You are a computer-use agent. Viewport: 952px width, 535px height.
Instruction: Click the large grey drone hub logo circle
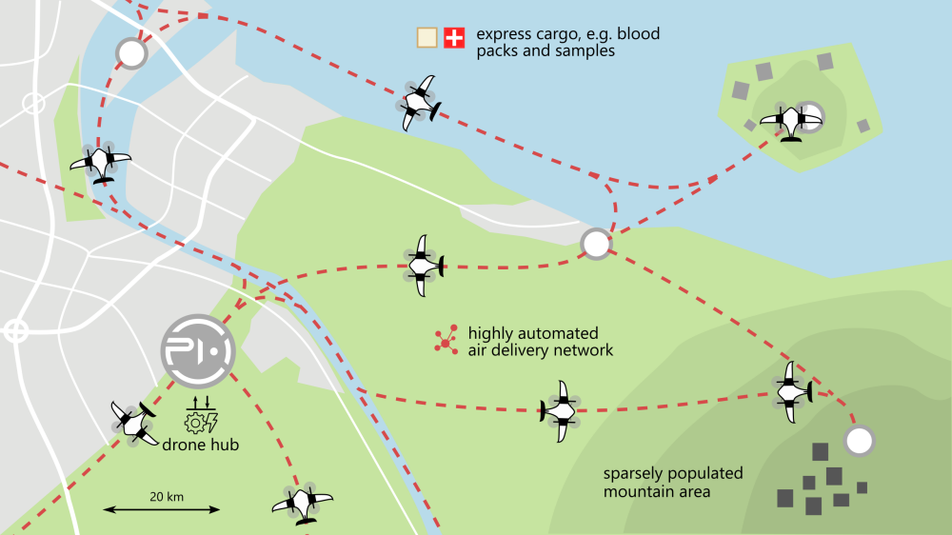[x=195, y=349]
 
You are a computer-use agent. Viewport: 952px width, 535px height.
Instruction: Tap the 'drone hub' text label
[x=199, y=446]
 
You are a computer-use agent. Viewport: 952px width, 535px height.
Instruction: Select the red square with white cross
[x=455, y=38]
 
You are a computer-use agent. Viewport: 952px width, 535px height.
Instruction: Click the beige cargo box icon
[x=427, y=38]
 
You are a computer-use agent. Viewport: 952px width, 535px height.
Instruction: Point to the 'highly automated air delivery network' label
[x=540, y=342]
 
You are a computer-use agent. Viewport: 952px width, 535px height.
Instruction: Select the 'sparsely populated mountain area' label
[x=672, y=483]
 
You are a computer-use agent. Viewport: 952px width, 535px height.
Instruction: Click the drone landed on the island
[x=790, y=121]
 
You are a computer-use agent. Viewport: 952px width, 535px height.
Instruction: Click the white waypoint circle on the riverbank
[x=596, y=244]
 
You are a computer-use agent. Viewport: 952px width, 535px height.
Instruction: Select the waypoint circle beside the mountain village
[x=859, y=441]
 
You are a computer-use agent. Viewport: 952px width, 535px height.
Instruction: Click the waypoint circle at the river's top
[x=130, y=53]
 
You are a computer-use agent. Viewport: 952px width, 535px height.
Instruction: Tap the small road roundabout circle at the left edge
[x=15, y=331]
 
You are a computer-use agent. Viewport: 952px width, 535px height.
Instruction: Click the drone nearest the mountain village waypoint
[x=792, y=390]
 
